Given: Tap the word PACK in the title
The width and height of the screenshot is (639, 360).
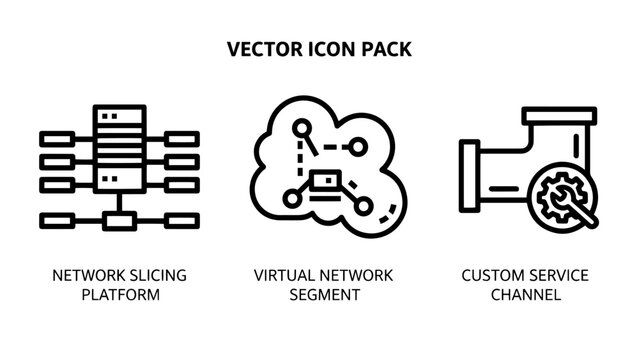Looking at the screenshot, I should click(x=384, y=49).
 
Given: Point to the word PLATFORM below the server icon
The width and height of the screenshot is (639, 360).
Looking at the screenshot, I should click(x=120, y=295).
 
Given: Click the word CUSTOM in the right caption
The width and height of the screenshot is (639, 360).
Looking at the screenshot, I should click(x=491, y=275).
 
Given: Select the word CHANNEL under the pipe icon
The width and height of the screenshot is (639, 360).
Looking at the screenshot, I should click(x=525, y=295).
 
